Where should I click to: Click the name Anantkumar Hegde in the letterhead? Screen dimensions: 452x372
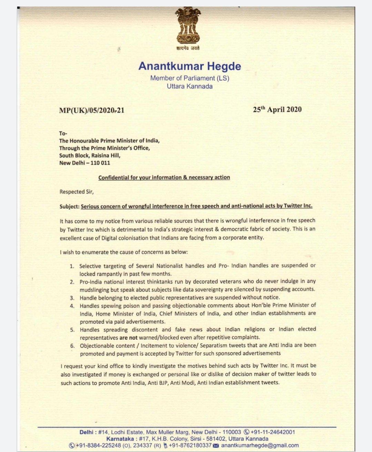pyautogui.click(x=190, y=66)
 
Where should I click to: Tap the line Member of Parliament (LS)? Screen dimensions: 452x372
pyautogui.click(x=190, y=78)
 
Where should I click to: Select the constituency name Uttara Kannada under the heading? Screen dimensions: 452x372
pyautogui.click(x=190, y=86)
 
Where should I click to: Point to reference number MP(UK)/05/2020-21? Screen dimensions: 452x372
pyautogui.click(x=92, y=110)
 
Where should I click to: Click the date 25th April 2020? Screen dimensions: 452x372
pyautogui.click(x=277, y=110)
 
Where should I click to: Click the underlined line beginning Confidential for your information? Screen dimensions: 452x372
pyautogui.click(x=164, y=177)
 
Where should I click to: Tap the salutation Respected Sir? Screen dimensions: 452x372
pyautogui.click(x=77, y=192)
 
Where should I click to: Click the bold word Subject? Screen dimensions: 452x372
pyautogui.click(x=69, y=206)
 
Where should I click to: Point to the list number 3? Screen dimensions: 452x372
pyautogui.click(x=72, y=298)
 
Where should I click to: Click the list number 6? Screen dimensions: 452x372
pyautogui.click(x=72, y=345)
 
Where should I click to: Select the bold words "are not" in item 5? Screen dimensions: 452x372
pyautogui.click(x=128, y=338)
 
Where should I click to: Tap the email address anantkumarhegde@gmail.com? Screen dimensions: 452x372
pyautogui.click(x=260, y=445)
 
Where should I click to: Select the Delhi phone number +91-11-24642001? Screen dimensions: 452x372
pyautogui.click(x=273, y=432)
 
